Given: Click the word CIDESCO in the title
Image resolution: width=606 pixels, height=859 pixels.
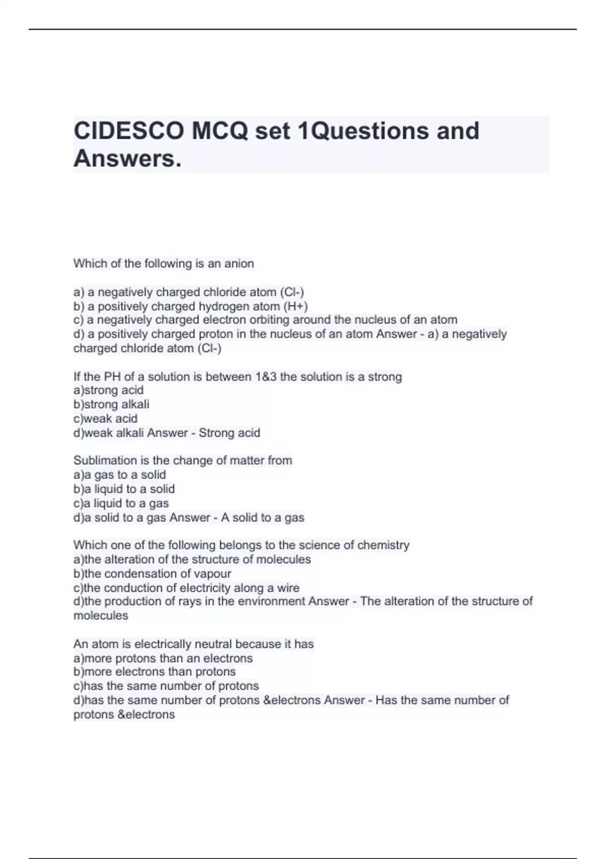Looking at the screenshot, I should [x=129, y=131].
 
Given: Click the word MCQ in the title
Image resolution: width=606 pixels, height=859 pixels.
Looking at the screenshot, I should [x=220, y=131].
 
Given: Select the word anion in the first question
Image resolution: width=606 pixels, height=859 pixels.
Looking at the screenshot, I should [x=240, y=263].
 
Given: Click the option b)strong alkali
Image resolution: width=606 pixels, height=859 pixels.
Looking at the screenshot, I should [x=111, y=404].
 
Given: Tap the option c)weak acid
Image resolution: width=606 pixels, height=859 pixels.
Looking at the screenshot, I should [x=105, y=418].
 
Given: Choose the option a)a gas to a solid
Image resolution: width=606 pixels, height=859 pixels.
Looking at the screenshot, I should [x=120, y=474].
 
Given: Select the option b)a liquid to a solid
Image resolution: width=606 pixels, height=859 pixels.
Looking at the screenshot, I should [x=124, y=489].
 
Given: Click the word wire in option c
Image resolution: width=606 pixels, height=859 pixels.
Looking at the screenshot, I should [x=288, y=588].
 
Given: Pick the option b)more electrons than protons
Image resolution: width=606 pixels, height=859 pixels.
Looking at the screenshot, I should [x=155, y=672].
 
